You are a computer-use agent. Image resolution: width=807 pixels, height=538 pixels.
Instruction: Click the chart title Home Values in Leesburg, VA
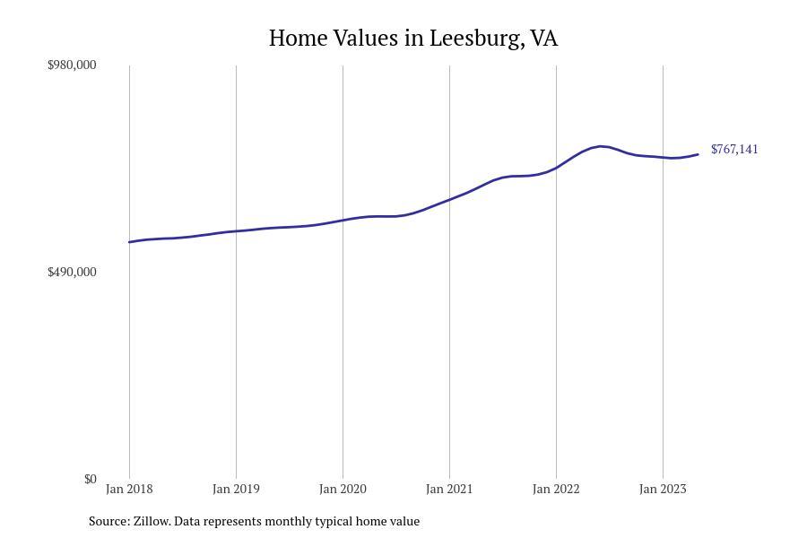pos(413,39)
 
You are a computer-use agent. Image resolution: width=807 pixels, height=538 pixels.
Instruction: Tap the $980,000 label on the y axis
pos(72,65)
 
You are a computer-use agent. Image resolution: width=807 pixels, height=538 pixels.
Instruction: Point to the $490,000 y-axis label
pos(72,272)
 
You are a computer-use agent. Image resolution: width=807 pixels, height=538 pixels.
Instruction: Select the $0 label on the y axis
pos(90,479)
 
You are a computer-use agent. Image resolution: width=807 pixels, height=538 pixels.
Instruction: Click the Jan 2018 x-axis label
pos(129,489)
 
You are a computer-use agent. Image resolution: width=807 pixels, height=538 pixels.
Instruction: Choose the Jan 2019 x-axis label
pos(236,489)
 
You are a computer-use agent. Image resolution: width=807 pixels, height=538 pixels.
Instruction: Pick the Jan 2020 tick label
pos(343,489)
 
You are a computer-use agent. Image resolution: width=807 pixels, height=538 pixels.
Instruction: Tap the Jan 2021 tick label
pos(449,489)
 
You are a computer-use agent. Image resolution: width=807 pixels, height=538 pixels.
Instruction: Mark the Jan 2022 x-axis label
pos(556,489)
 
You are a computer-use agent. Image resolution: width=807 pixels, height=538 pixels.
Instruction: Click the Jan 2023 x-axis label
pos(663,489)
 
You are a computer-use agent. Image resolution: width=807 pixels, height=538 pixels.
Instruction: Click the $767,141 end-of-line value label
pos(734,149)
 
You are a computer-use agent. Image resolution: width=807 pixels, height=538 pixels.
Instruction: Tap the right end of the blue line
pos(698,154)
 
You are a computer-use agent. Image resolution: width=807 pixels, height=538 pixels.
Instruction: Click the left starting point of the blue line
pos(129,242)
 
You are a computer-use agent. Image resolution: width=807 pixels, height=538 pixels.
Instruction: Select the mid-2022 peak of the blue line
pos(601,146)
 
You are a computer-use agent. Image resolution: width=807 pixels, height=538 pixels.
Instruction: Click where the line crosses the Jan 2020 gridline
pos(343,220)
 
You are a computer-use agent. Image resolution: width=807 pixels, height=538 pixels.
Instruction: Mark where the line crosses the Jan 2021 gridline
pos(449,199)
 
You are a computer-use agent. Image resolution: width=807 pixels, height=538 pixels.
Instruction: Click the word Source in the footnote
pos(108,521)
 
